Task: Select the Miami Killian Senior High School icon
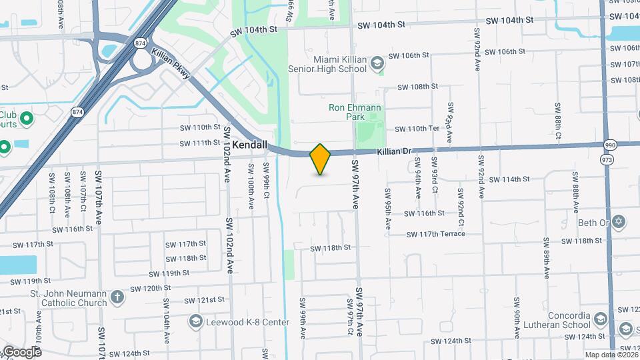[377, 63]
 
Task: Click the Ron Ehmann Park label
[354, 112]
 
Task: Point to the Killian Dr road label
[393, 152]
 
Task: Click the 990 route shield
[610, 145]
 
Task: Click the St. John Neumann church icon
[117, 297]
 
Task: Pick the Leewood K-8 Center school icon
[195, 322]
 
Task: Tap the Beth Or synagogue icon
[618, 221]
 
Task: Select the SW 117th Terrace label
[435, 234]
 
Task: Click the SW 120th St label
[151, 289]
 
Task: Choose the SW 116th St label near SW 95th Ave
[424, 213]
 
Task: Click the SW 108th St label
[417, 87]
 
